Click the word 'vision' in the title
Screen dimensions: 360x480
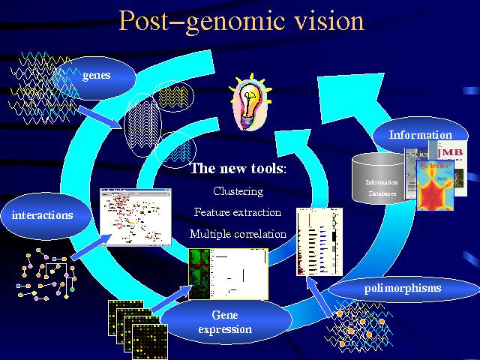pyautogui.click(x=326, y=20)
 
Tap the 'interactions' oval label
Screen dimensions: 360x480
pyautogui.click(x=43, y=215)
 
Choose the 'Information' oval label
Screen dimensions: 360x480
pyautogui.click(x=420, y=136)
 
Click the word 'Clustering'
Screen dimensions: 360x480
pyautogui.click(x=238, y=191)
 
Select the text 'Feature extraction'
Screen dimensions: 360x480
pyautogui.click(x=237, y=212)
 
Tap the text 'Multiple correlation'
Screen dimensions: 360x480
pyautogui.click(x=238, y=234)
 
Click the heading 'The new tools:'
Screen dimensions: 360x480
pyautogui.click(x=238, y=168)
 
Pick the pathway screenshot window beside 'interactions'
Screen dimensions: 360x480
pyautogui.click(x=136, y=217)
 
